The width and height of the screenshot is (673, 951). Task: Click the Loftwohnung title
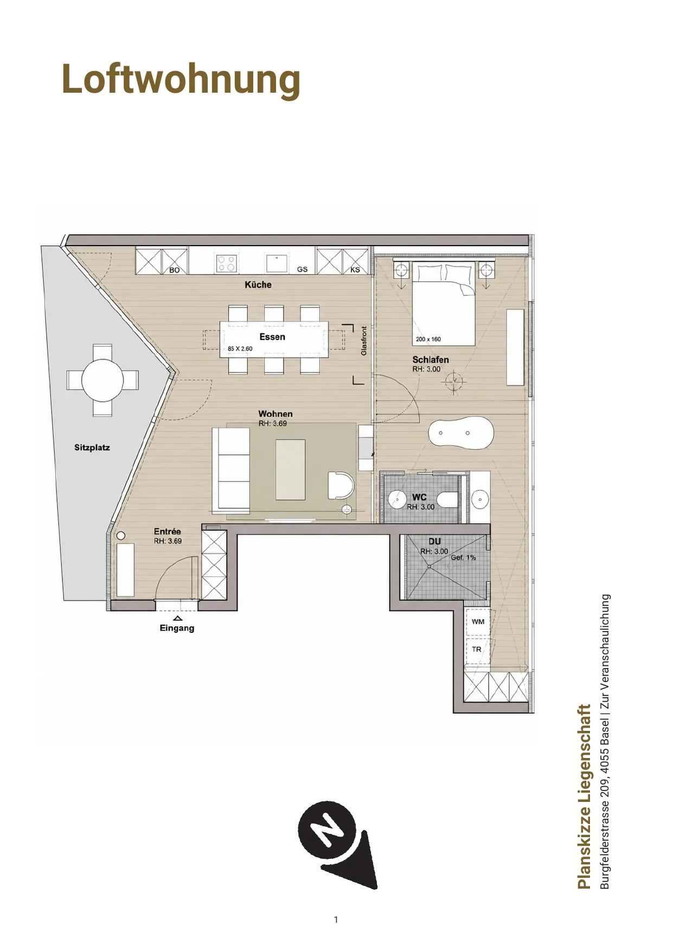point(181,79)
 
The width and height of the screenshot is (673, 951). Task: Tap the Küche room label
point(258,285)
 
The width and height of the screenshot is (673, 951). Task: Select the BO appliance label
point(175,270)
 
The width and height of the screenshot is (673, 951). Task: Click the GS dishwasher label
point(302,269)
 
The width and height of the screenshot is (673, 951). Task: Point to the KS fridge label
point(355,269)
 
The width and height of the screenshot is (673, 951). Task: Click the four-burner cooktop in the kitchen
point(226,264)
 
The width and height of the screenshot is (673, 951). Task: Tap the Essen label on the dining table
point(272,337)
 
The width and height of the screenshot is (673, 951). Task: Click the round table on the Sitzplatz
point(102,380)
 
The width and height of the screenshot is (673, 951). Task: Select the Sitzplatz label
point(92,448)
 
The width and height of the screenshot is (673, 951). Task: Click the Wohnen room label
point(275,414)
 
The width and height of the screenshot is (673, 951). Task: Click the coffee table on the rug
point(291,470)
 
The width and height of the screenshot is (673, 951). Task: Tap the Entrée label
point(168,531)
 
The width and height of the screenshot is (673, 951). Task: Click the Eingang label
point(177,628)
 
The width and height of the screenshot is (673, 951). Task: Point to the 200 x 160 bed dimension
point(428,339)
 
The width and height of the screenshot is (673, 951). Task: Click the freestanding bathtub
point(461,433)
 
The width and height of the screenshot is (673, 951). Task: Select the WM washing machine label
point(478,622)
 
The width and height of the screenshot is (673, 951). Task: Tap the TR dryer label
point(477,649)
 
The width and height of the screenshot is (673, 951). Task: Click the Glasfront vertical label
point(364,340)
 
